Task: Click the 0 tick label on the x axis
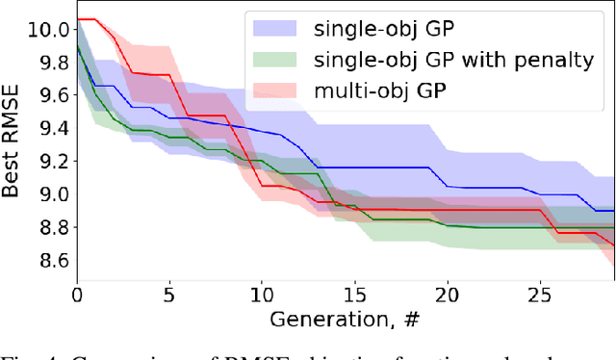pyautogui.click(x=77, y=295)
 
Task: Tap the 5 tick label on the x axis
pyautogui.click(x=169, y=295)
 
